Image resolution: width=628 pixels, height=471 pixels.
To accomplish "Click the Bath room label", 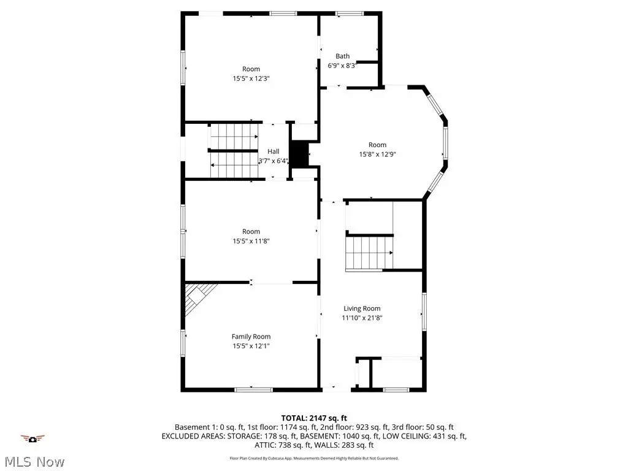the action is [x=342, y=56].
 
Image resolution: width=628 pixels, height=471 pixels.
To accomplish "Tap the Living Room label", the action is [x=362, y=308].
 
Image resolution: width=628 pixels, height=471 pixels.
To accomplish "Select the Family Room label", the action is [x=251, y=337].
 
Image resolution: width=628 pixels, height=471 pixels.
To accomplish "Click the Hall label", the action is [x=274, y=151].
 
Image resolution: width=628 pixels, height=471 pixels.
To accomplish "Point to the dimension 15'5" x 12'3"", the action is [x=251, y=78].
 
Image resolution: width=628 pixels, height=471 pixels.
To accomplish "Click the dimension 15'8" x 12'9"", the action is [x=378, y=154].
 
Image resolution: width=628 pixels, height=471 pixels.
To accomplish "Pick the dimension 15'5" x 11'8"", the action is [x=251, y=241].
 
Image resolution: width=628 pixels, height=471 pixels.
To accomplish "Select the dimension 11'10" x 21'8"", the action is [x=362, y=318].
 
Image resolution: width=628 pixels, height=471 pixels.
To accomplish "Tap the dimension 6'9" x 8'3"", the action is [x=342, y=66].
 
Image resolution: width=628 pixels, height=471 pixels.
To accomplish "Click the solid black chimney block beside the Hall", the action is [x=299, y=154].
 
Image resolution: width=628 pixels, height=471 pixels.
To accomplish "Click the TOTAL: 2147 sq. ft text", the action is [x=314, y=418].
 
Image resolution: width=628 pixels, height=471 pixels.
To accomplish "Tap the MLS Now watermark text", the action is [x=35, y=462].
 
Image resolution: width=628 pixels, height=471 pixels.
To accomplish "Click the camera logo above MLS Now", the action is [x=33, y=439].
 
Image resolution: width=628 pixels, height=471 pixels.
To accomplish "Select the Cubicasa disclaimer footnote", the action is [x=314, y=458].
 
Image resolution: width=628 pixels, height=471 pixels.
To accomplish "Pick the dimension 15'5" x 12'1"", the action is [x=251, y=346].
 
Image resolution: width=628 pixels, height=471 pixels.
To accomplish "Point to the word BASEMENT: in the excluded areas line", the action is [x=319, y=436].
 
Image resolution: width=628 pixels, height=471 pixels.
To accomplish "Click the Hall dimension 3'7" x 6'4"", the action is [x=274, y=161].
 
